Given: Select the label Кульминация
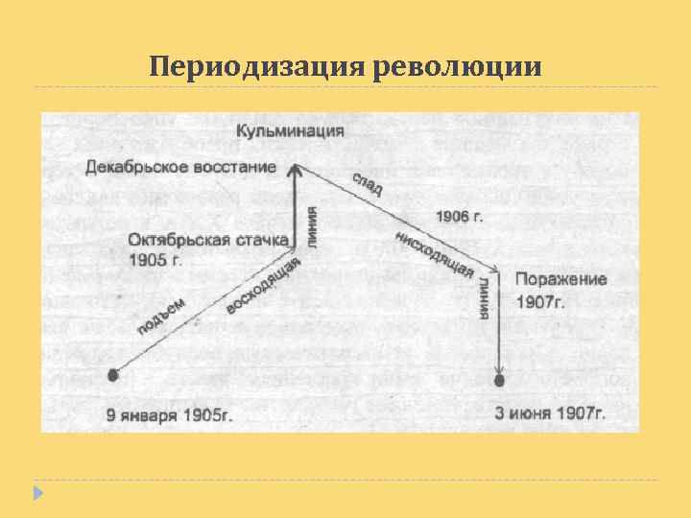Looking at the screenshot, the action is coord(290,131).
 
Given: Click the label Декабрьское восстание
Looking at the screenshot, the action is coord(181,167).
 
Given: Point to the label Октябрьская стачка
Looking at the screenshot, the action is coord(207,241).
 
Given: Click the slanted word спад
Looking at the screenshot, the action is coord(367,183).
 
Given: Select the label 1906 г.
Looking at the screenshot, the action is coord(459,217).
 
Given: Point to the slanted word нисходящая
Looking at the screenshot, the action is coord(434,255).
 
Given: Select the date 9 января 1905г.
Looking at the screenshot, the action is coord(170,415).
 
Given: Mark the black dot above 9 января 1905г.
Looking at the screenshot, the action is coord(113,375).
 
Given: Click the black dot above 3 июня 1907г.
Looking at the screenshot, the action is coord(499,381).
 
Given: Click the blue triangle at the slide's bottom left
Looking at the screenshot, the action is coord(37,492).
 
